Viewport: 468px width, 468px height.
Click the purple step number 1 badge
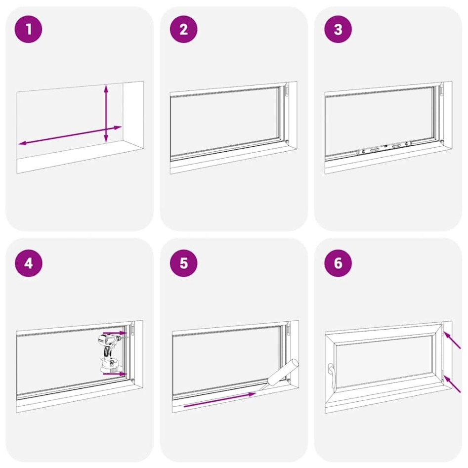tap(29, 29)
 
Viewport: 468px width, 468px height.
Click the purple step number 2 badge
tap(183, 29)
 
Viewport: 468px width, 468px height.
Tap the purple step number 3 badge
tap(338, 29)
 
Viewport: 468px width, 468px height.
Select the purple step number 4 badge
tap(29, 263)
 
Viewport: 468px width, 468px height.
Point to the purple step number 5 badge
tap(183, 263)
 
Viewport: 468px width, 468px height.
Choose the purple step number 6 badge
tap(338, 263)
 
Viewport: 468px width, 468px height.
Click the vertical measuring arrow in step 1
tap(106, 114)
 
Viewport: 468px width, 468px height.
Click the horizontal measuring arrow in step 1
tap(70, 135)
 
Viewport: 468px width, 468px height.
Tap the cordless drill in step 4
tap(110, 352)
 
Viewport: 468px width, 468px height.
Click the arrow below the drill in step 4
tap(113, 374)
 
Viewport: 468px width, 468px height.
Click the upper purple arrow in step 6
tap(452, 340)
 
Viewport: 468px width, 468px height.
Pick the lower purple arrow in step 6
tap(452, 383)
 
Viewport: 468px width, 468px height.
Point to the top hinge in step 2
tap(287, 91)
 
